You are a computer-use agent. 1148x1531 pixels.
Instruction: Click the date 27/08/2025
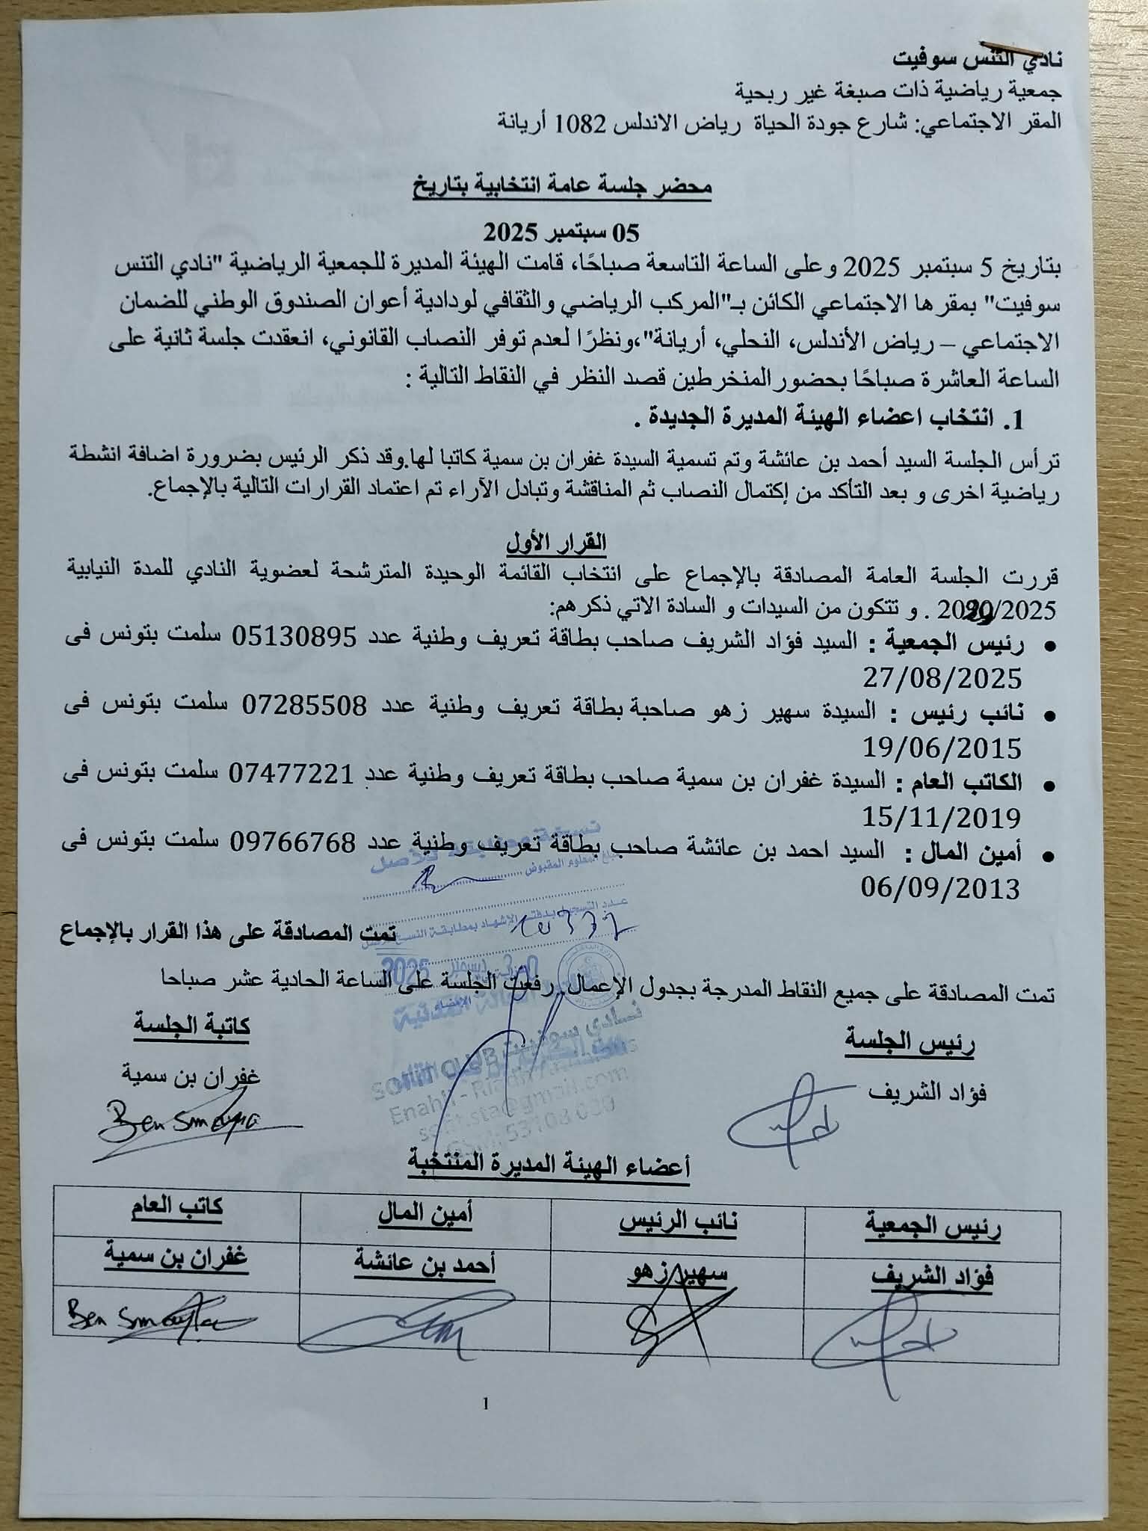pyautogui.click(x=943, y=678)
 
